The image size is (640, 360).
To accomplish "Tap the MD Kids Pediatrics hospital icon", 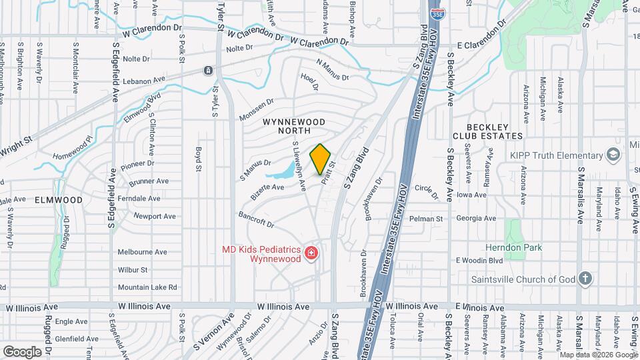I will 310,253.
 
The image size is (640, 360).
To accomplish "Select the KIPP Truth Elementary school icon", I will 613,155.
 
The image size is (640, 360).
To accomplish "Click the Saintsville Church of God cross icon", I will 585,279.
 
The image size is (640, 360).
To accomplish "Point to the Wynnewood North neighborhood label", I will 293,127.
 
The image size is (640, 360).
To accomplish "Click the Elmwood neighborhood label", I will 59,199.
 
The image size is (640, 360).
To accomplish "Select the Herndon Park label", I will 533,247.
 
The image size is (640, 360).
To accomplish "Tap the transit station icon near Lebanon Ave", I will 209,71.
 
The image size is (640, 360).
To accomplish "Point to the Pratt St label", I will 327,172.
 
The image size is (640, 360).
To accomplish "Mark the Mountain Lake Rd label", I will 147,287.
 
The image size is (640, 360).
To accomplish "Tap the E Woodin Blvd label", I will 479,260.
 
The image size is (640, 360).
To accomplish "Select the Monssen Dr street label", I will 257,111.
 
